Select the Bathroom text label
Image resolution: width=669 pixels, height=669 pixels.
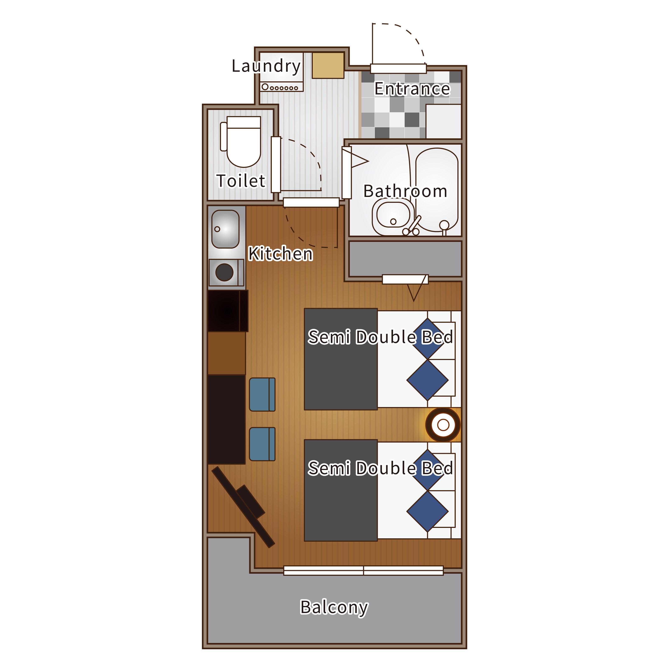[x=405, y=191]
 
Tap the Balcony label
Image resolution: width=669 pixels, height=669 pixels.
[x=334, y=607]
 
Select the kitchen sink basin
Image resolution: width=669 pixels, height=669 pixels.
[x=225, y=229]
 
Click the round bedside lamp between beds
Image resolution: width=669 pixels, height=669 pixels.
[x=443, y=425]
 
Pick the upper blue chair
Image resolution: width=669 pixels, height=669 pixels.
[x=262, y=395]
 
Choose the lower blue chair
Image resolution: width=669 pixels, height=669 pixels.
[x=262, y=444]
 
